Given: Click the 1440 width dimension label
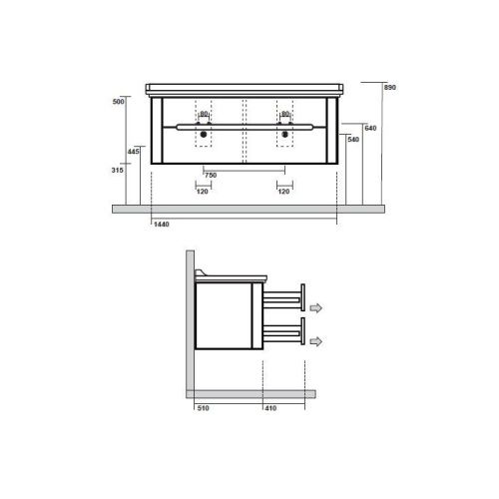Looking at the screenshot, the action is click(162, 225).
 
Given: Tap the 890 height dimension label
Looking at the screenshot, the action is click(390, 87).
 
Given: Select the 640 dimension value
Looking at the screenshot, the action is click(370, 128).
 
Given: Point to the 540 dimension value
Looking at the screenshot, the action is click(353, 140).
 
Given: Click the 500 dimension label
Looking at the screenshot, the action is click(118, 102).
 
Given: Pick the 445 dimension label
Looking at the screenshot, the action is click(134, 152).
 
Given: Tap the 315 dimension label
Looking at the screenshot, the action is click(117, 170).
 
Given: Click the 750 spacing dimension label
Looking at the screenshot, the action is click(211, 175).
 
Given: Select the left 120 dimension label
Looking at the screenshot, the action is click(203, 192).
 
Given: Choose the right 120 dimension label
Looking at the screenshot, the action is click(283, 192).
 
